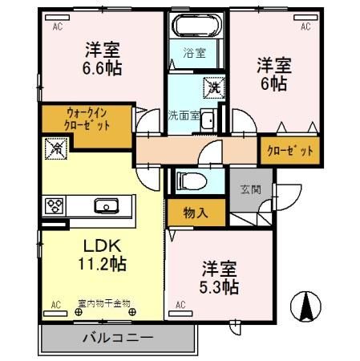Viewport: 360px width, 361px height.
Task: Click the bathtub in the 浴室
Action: pos(196,25)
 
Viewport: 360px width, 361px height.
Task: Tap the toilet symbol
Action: pos(192,181)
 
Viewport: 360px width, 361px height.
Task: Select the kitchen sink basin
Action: pos(107,206)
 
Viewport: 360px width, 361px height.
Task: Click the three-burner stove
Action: pos(55,206)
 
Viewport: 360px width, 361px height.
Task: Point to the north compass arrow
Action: pos(305,306)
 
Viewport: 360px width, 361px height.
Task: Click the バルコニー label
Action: pos(118,339)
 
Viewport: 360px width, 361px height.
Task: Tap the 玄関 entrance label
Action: pos(251,189)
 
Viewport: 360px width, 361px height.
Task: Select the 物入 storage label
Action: pos(196,213)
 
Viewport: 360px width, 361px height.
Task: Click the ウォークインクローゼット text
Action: pos(87,119)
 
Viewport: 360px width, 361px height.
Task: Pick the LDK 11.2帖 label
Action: pos(102,254)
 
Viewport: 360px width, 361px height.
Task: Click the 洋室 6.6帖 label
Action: pos(102,59)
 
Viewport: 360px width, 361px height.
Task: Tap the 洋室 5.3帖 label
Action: pos(219,278)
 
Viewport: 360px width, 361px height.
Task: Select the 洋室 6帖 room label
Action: pos(274,74)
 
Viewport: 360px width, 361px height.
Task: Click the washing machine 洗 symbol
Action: pos(214,87)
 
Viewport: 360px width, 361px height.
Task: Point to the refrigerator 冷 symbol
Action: pos(56,148)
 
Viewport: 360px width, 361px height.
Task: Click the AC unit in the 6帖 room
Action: pos(305,18)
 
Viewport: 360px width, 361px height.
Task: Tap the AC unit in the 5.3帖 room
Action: pos(180,314)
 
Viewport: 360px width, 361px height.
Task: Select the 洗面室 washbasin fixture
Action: pos(208,120)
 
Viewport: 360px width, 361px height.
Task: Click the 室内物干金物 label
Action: pos(104,303)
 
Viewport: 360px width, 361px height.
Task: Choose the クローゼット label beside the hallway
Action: pos(290,151)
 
